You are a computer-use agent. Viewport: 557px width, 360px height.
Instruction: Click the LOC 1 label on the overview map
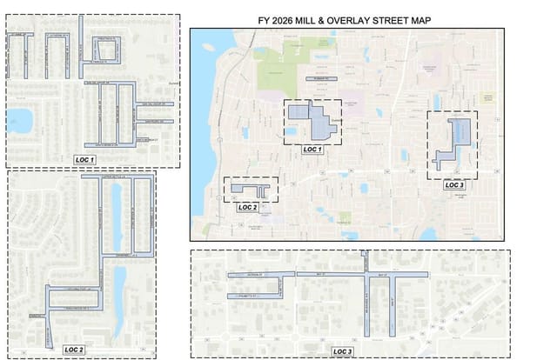click(x=312, y=150)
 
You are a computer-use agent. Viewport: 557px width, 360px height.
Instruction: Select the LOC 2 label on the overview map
click(x=248, y=208)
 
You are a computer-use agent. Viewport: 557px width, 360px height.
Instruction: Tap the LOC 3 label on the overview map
click(x=454, y=185)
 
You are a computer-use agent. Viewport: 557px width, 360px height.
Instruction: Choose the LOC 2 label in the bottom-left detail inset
click(x=73, y=349)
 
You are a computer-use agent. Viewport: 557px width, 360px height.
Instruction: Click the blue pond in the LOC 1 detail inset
click(x=19, y=120)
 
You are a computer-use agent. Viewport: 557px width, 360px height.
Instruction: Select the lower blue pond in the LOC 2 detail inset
click(x=119, y=287)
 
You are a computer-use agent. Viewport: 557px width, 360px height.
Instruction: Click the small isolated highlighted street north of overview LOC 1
click(x=319, y=80)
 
